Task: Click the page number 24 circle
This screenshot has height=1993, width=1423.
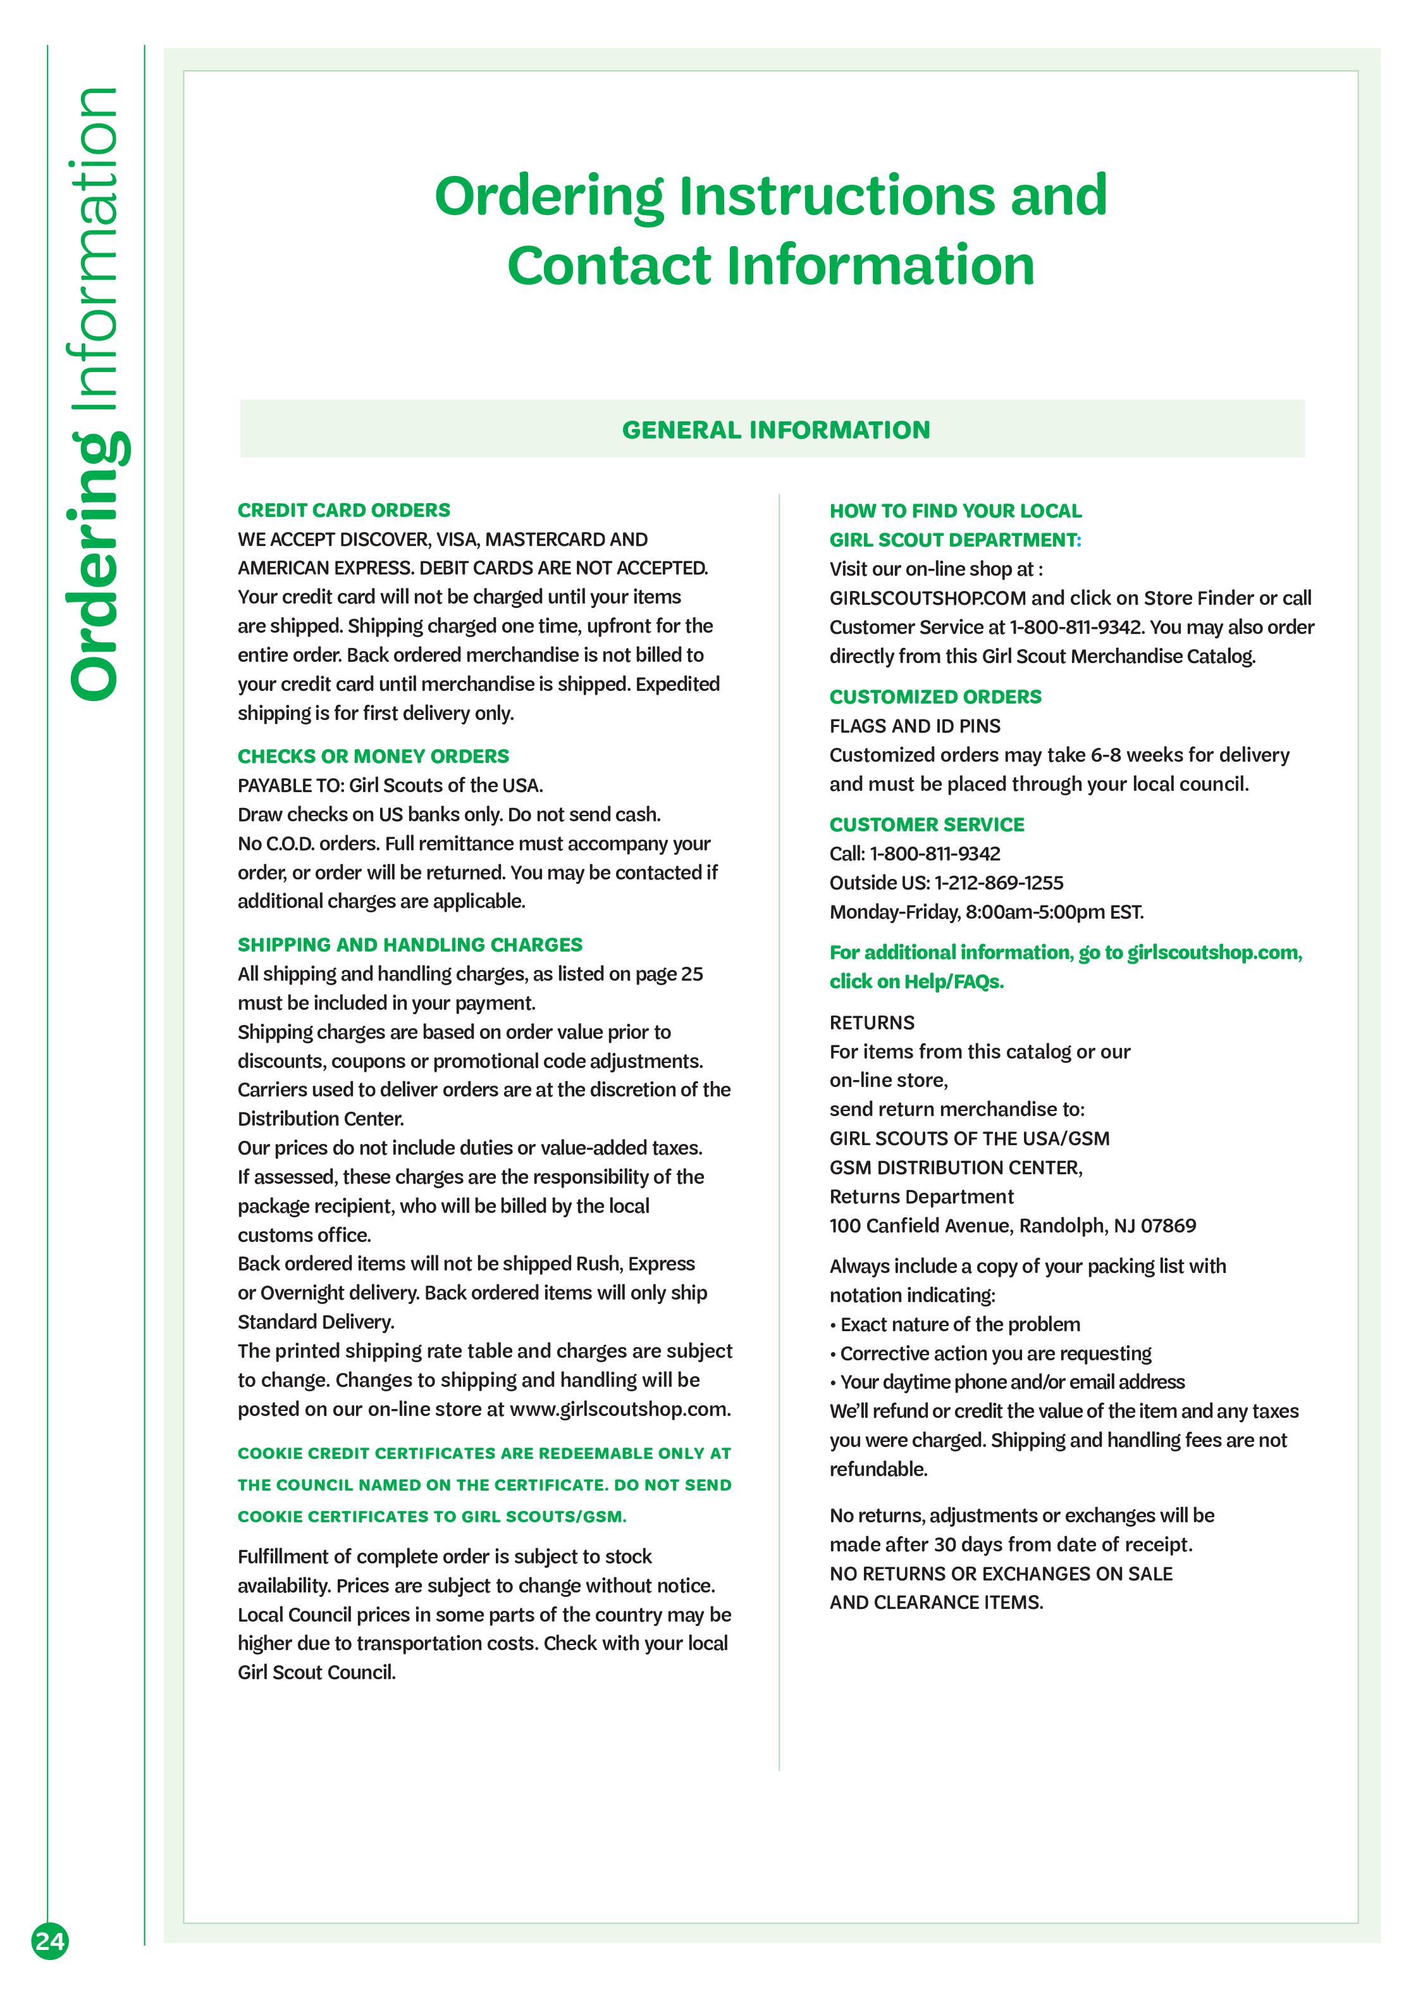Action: (50, 1941)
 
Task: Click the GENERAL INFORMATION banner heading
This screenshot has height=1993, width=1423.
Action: (775, 430)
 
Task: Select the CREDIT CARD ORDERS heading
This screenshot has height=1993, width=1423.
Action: (343, 510)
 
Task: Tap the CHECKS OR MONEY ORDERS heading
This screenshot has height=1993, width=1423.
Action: (373, 756)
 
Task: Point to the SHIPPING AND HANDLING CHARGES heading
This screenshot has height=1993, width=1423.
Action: (410, 945)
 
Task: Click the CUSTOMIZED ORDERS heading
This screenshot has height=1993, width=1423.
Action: (935, 697)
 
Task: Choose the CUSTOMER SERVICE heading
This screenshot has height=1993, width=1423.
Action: (926, 824)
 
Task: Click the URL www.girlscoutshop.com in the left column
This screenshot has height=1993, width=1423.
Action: (620, 1409)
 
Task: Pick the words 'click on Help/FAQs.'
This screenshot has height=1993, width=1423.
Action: (916, 981)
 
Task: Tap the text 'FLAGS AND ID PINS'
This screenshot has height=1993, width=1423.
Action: (915, 726)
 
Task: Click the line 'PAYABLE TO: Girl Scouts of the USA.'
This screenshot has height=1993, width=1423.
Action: (390, 785)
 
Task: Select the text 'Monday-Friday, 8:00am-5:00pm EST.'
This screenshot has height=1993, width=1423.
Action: (986, 912)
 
